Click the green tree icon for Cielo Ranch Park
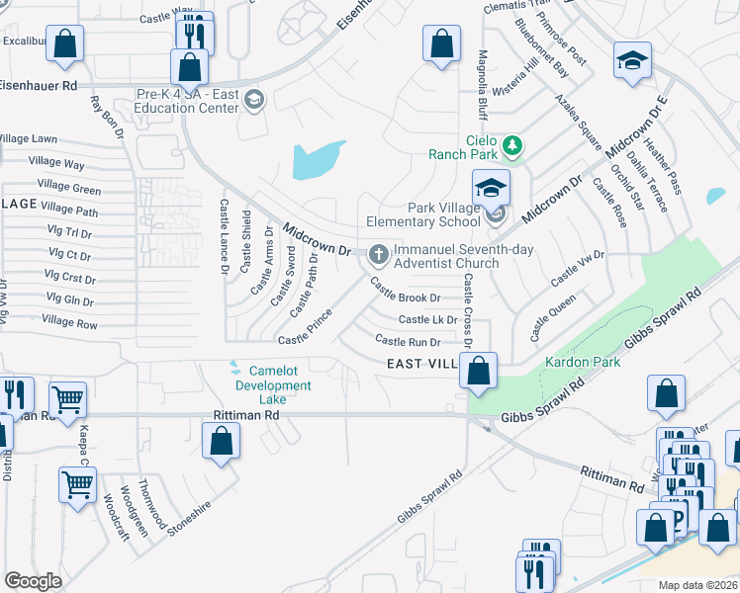point(511,146)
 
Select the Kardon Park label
point(583,362)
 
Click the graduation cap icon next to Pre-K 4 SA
point(254,100)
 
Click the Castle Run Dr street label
point(408,341)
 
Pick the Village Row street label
point(69,322)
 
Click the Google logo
point(33,581)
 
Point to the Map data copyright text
point(697,585)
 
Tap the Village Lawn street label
point(29,139)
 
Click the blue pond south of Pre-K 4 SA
point(320,160)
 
